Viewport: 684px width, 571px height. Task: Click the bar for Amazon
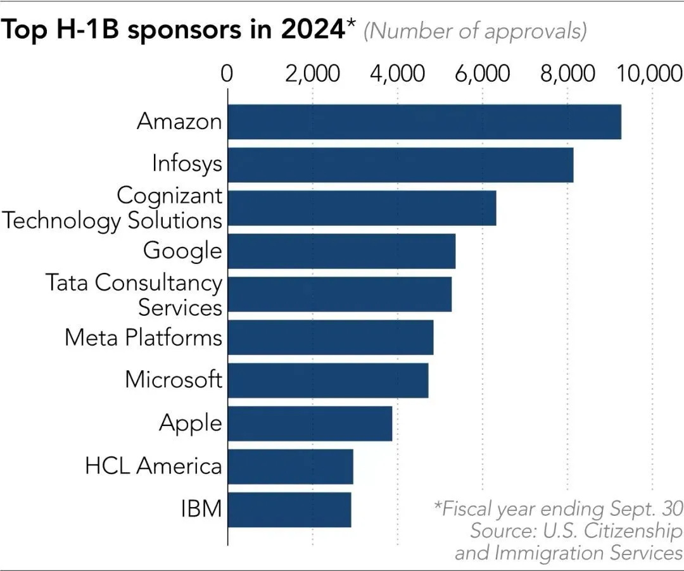424,122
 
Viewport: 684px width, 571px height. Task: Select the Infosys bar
400,165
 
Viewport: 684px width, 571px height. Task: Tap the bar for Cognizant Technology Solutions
362,208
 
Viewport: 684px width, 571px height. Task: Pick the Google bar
341,251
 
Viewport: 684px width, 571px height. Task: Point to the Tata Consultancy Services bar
339,294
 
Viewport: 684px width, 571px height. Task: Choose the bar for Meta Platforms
331,337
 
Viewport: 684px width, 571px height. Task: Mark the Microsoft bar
327,380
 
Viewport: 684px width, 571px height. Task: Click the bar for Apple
310,423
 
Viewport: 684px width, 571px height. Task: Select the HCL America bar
290,466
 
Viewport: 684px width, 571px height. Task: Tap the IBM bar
289,509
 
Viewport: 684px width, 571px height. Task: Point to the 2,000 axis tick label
312,73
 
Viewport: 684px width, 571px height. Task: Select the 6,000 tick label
482,73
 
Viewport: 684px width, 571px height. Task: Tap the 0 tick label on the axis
227,73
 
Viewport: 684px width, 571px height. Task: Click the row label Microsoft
174,380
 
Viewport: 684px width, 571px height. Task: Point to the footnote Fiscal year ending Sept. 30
558,508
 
